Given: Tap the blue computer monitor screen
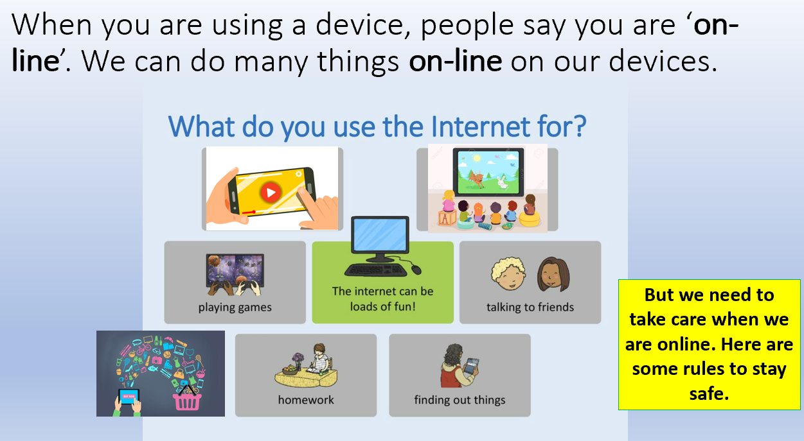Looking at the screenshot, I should point(380,235).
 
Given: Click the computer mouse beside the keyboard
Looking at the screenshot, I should point(416,269).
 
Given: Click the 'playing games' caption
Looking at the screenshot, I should point(235,307).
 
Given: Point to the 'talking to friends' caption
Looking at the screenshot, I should point(530,307).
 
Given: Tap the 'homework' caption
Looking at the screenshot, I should point(306,400).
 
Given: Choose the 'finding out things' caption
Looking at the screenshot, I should point(460,400).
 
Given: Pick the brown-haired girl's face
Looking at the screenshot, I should point(550,275).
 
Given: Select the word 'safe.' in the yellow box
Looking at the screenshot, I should point(709,393).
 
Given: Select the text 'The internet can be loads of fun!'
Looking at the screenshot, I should point(382,298).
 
